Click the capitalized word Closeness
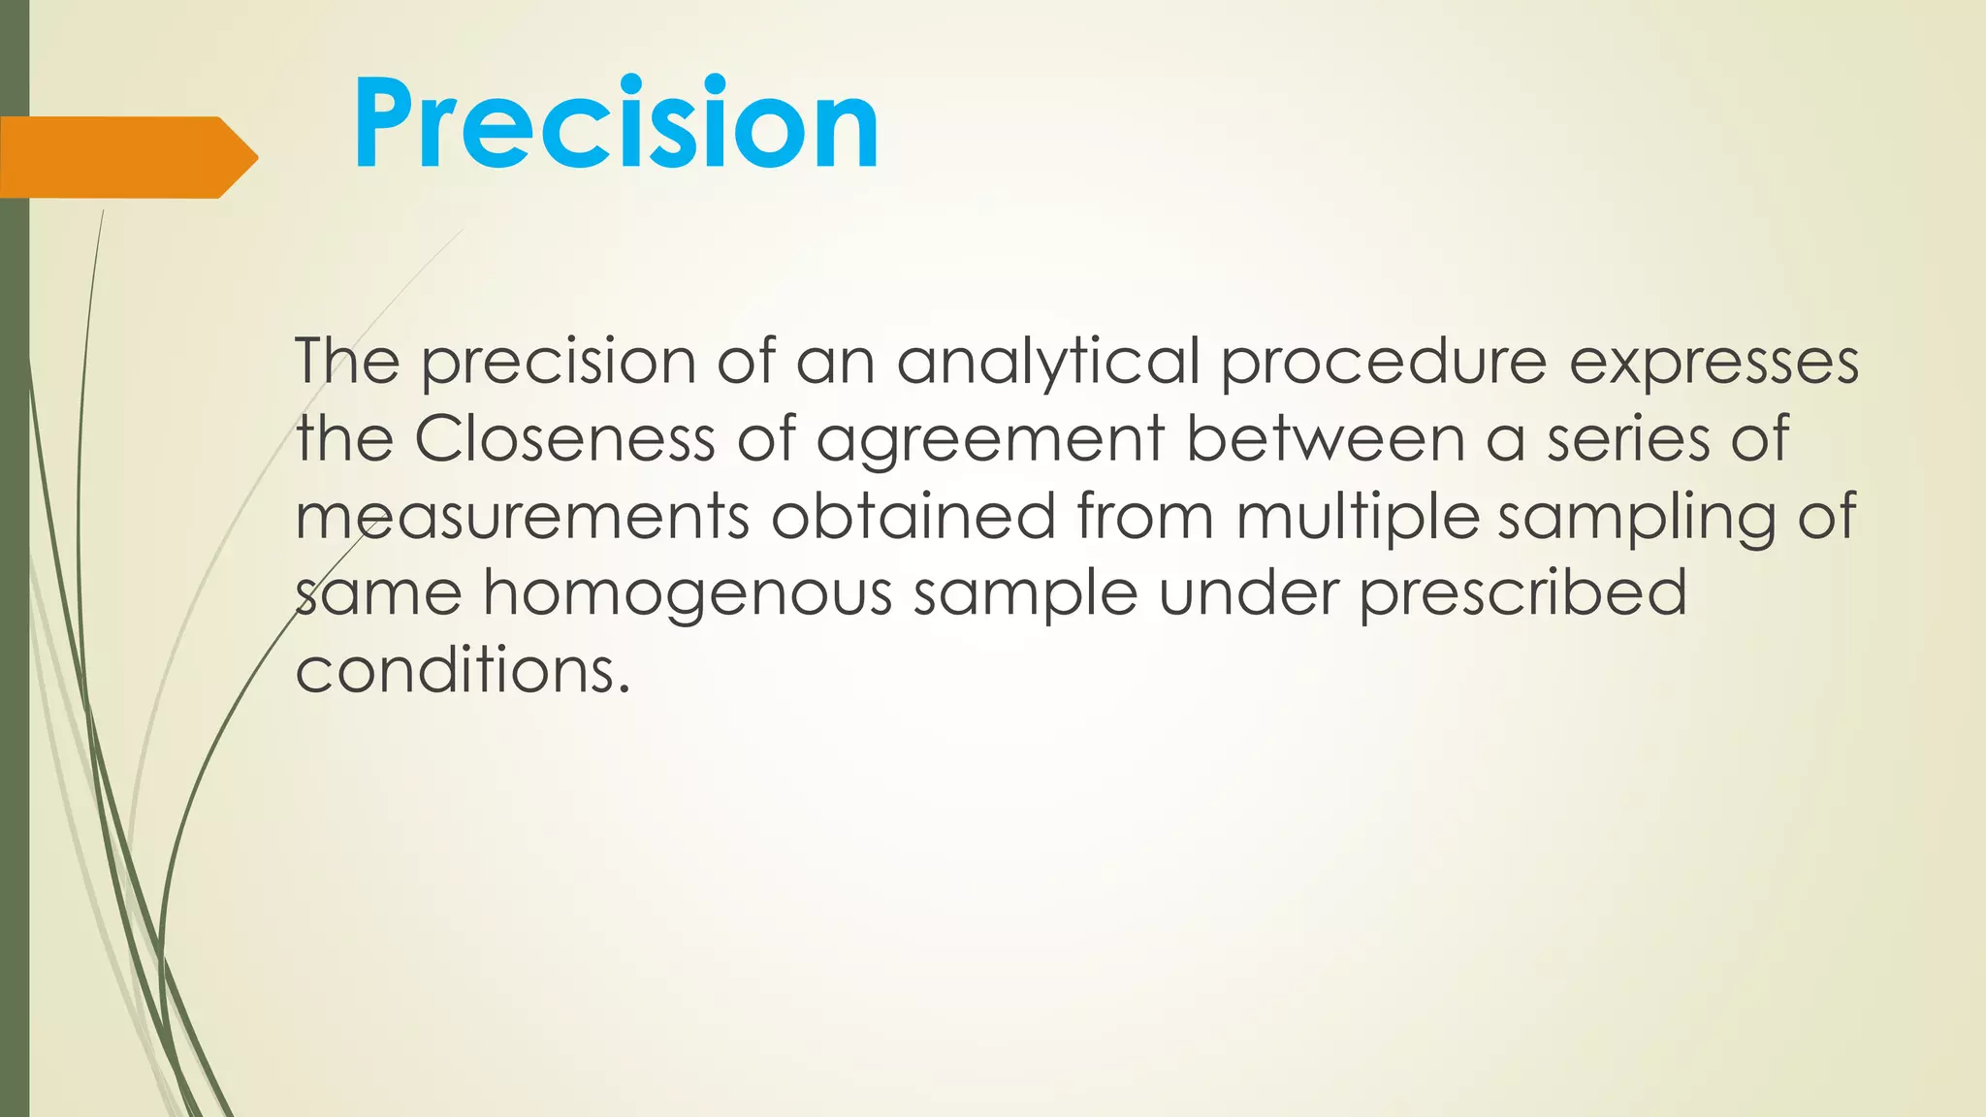tap(564, 438)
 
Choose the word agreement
tap(990, 440)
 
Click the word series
tap(1628, 438)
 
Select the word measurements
tap(523, 516)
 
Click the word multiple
tap(1357, 518)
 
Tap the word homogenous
tap(688, 594)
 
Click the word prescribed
tap(1522, 593)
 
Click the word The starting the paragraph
tap(347, 361)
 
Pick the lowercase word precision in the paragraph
tap(559, 363)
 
